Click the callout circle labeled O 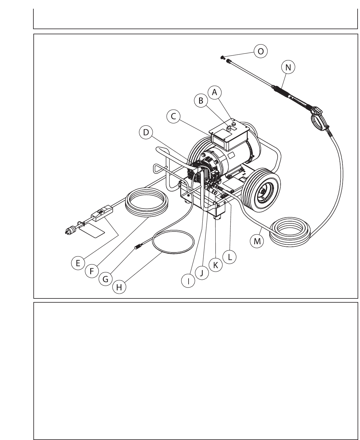click(260, 51)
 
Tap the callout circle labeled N click(288, 68)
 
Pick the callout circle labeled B click(201, 101)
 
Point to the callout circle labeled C click(174, 117)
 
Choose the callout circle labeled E click(78, 263)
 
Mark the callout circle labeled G click(105, 279)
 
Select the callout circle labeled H click(119, 287)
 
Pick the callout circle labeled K click(215, 265)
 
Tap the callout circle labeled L click(229, 257)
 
